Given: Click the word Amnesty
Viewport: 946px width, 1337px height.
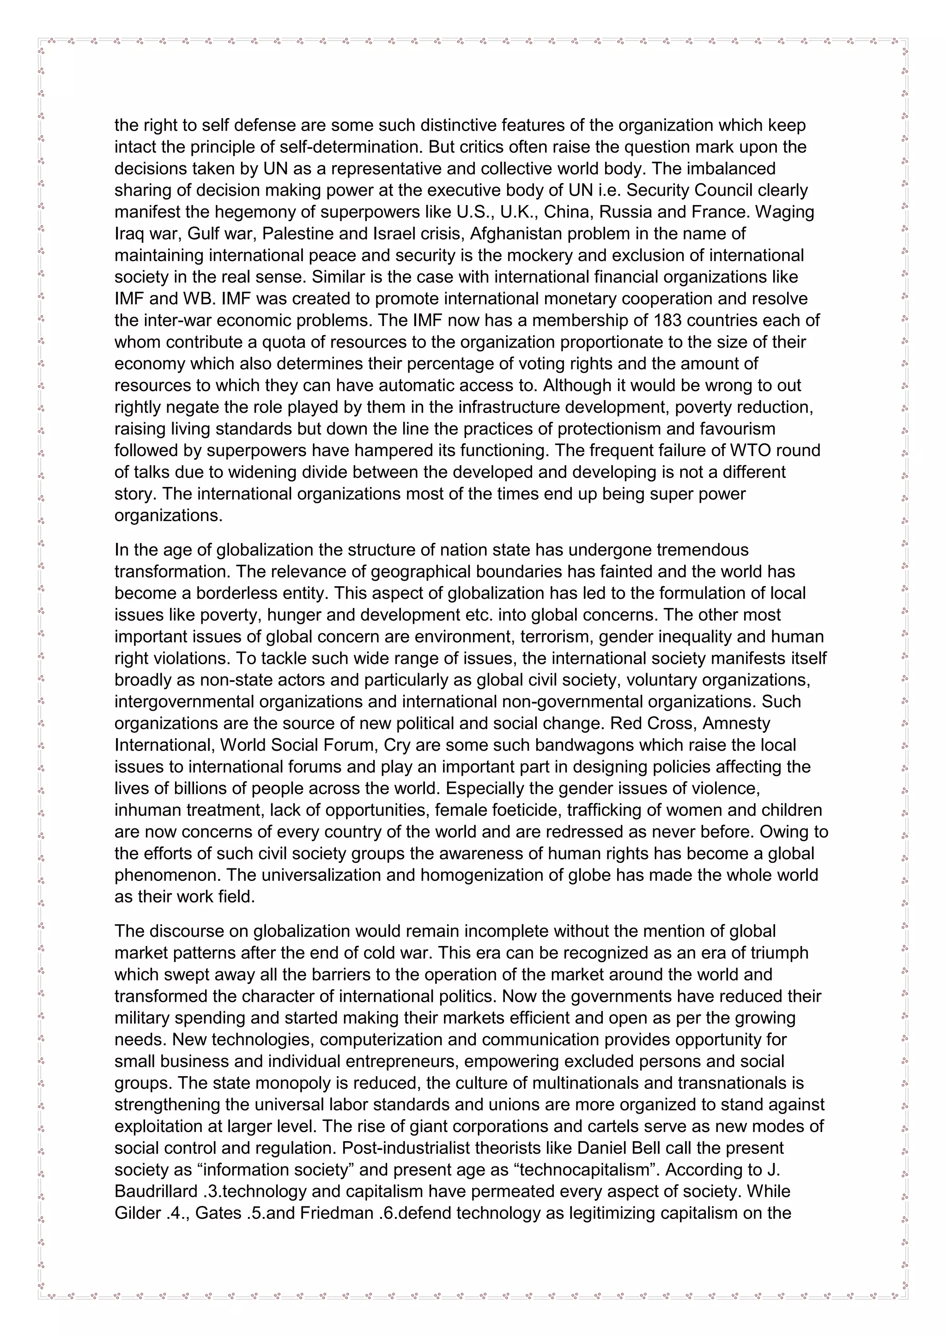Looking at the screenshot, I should (x=736, y=723).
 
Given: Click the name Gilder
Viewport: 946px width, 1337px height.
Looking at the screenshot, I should (x=138, y=1213).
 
